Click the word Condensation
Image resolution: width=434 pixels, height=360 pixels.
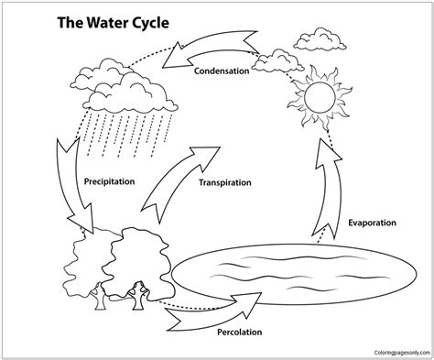222,71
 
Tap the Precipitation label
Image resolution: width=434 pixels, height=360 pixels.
109,181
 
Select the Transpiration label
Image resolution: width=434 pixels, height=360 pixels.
225,182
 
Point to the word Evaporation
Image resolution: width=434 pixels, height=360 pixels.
372,223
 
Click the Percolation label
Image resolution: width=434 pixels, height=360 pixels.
240,332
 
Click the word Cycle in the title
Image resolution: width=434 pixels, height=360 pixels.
151,23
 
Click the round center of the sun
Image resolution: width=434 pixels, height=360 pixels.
320,97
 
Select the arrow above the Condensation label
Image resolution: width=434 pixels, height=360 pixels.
211,49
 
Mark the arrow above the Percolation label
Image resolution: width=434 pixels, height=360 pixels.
213,314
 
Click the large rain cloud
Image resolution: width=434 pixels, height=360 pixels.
124,87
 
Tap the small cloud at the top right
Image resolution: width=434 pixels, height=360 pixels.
320,39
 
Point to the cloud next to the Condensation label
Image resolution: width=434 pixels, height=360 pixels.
277,62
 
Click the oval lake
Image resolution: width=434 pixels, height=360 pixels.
294,274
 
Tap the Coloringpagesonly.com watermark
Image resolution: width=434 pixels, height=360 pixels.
402,353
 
